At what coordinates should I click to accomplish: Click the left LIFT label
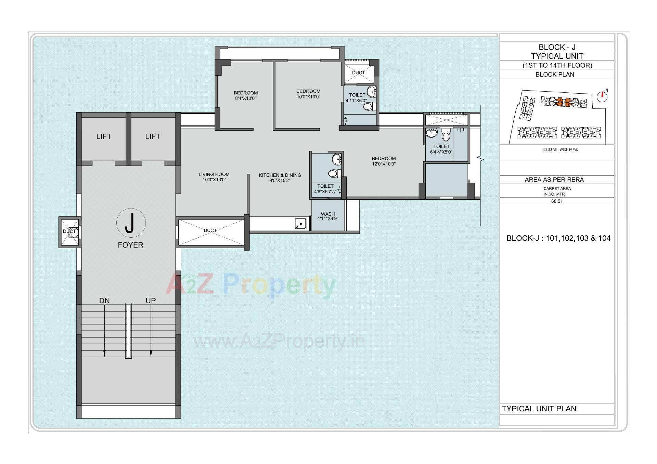click(104, 136)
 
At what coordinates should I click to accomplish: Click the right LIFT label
click(153, 136)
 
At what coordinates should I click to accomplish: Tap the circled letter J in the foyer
click(130, 223)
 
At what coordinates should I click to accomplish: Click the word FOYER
click(130, 245)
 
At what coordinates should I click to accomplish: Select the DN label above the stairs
click(104, 301)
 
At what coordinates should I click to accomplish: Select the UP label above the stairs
click(151, 301)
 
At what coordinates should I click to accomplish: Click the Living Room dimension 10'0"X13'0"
click(214, 180)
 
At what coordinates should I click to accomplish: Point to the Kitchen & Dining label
click(280, 175)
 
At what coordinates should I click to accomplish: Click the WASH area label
click(328, 214)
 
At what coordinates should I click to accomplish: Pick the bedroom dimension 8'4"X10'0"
click(246, 98)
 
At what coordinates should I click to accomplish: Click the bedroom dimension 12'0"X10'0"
click(384, 164)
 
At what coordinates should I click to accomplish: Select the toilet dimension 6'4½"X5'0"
click(441, 152)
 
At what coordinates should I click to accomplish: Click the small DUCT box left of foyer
click(69, 232)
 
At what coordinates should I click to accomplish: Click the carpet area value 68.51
click(557, 201)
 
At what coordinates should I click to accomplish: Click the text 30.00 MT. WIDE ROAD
click(560, 149)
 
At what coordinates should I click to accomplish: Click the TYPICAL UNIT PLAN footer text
click(539, 409)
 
